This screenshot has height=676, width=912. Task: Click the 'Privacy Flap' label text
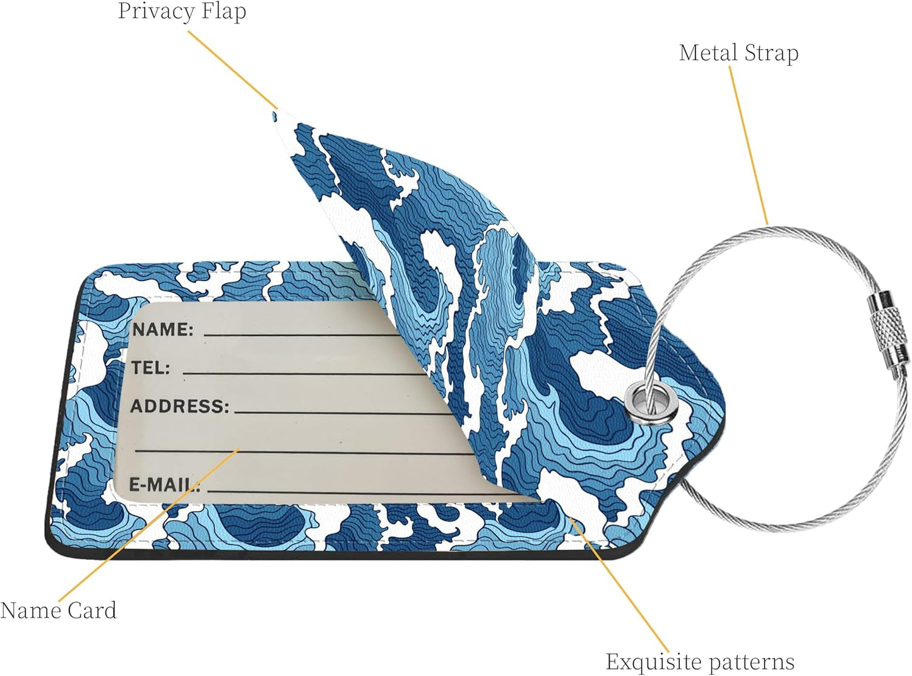[182, 12]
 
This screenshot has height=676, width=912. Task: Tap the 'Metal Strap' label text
[738, 54]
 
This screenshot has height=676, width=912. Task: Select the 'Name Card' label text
[59, 610]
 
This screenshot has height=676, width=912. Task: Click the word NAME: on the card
[163, 329]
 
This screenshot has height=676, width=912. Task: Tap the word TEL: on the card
[150, 368]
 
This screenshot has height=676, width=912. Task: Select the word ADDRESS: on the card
[180, 406]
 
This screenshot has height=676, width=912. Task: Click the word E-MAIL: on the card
[165, 485]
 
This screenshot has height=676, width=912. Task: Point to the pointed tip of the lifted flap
[275, 116]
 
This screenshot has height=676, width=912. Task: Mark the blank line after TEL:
[304, 374]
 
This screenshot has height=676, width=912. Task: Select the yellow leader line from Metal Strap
[749, 145]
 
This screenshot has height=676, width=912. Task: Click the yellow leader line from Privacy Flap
[233, 70]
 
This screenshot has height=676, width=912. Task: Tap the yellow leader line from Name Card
[149, 525]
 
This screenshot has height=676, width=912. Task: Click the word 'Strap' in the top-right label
[771, 54]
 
